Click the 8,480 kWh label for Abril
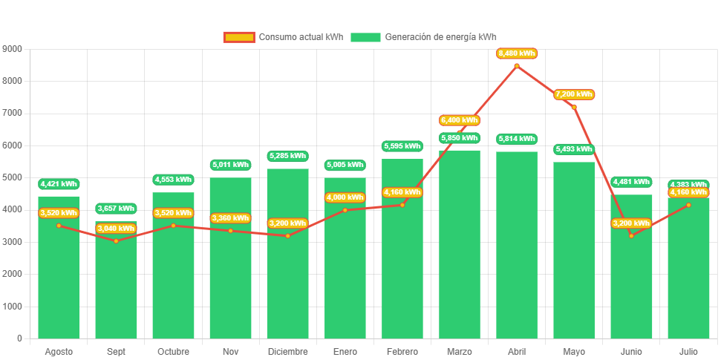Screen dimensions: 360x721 point(517,53)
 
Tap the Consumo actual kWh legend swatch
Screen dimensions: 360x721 point(238,37)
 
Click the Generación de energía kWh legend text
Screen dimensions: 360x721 point(441,37)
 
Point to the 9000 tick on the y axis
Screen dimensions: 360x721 point(13,49)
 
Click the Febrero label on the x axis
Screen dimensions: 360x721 point(402,351)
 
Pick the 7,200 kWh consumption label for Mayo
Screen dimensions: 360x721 point(574,94)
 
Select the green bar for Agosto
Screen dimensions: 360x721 point(59,282)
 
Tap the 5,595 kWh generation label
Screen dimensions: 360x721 point(402,146)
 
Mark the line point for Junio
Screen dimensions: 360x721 point(631,236)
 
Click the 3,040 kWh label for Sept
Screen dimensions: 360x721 point(116,229)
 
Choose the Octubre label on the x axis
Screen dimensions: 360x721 point(173,351)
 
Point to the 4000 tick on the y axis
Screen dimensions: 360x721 point(13,210)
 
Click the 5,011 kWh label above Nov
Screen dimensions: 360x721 point(230,165)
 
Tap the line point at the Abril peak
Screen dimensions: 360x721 point(517,65)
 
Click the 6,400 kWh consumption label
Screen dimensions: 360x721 point(460,120)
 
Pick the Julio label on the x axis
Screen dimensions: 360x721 point(688,351)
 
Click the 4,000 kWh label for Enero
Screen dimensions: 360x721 point(345,197)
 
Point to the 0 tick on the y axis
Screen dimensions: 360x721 point(19,338)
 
